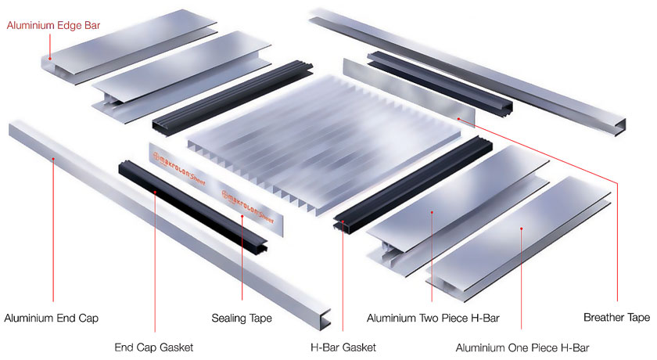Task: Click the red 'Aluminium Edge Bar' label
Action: coord(53,25)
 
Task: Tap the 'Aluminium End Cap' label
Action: coord(51,318)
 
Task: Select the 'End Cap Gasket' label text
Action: coord(154,347)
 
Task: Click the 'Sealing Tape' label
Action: coord(242,319)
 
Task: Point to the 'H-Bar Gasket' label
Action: coord(343,347)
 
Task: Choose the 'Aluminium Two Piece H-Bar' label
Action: coord(433,318)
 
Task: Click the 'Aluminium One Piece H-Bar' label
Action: coord(522,347)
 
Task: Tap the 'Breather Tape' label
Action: coord(617,317)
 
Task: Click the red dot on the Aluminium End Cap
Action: coord(53,159)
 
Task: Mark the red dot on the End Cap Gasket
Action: coord(155,192)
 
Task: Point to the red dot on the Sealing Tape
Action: coord(242,216)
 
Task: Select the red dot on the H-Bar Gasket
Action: coord(343,221)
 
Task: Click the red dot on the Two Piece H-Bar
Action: coord(432,213)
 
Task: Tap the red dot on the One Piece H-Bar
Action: coord(521,229)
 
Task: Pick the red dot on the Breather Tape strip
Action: coord(459,119)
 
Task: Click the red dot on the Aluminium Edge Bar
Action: coord(49,59)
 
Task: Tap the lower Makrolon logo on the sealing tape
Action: coord(247,207)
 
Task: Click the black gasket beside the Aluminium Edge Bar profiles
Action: coord(232,98)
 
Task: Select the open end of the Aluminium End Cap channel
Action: coord(325,319)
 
